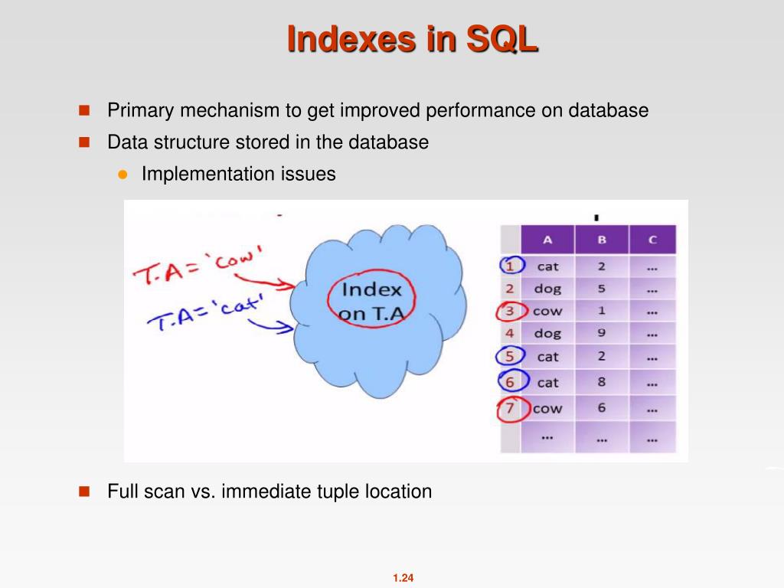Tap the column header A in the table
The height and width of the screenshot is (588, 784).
tap(547, 240)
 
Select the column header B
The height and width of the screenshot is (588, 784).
tap(602, 240)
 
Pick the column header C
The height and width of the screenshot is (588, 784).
tap(652, 240)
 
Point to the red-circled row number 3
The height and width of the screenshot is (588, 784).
tap(511, 311)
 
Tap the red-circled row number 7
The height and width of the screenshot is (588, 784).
tap(510, 408)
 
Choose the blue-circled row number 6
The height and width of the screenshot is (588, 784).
tap(510, 381)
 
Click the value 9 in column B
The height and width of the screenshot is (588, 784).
tap(602, 333)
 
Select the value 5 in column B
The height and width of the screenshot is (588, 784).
tap(602, 289)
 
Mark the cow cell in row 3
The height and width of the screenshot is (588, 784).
tap(547, 311)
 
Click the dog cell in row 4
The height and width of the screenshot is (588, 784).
tap(547, 333)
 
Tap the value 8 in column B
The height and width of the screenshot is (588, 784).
tap(602, 382)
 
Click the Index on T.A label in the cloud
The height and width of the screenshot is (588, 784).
tap(371, 301)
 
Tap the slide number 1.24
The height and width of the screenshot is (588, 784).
tap(403, 578)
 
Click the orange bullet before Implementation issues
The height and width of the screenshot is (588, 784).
tap(122, 174)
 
